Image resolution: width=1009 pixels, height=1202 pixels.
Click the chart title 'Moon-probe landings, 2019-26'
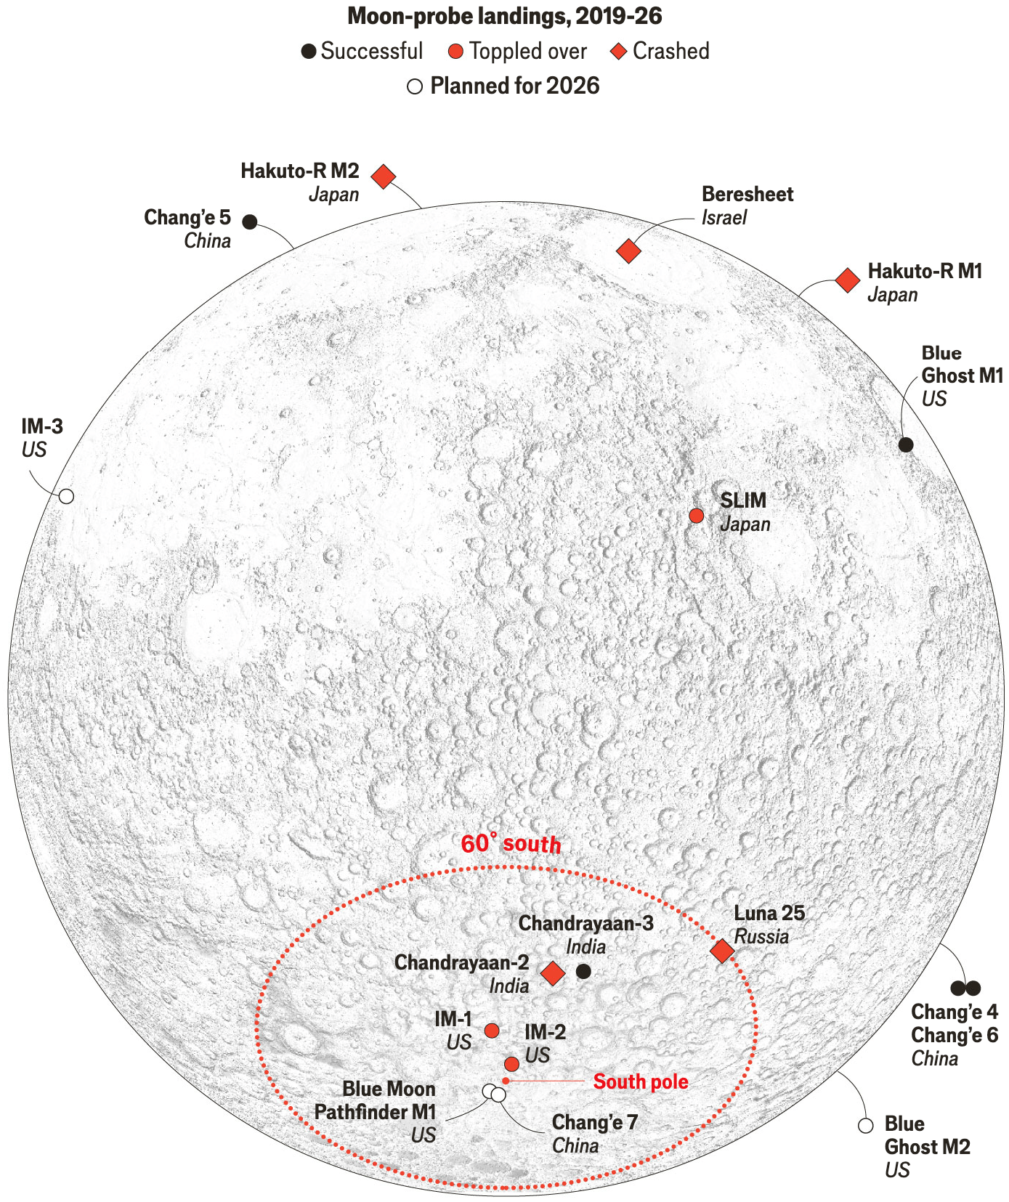pos(504,16)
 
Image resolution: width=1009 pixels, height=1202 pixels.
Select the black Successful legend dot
pos(309,52)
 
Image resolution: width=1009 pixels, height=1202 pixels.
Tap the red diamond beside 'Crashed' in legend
pos(618,52)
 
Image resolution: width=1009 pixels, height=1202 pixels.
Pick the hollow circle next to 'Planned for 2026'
pos(415,87)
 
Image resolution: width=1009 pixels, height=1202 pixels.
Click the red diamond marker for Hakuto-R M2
pos(384,176)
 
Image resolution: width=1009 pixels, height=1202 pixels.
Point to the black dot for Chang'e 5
pos(250,222)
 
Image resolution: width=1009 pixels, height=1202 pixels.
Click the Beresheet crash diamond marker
pos(628,251)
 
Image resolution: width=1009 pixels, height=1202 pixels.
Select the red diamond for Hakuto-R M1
pos(847,280)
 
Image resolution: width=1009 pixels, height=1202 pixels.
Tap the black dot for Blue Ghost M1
pos(905,444)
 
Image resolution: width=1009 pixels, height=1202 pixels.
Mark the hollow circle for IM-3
pos(66,497)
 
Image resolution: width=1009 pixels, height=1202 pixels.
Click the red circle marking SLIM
pos(696,516)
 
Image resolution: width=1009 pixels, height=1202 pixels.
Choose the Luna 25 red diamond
pos(722,951)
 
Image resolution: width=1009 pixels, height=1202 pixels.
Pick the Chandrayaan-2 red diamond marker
pos(553,973)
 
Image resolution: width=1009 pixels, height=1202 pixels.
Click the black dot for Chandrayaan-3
pos(583,971)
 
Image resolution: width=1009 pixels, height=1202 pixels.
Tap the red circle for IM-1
pos(492,1031)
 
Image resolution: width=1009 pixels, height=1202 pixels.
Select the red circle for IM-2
pos(511,1064)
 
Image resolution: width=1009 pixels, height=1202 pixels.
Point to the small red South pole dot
pos(506,1081)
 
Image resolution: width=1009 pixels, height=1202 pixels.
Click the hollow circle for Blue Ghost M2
pos(865,1126)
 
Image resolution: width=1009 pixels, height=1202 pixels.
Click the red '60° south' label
pos(511,844)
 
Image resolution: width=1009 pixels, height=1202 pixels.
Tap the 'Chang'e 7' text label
pos(594,1123)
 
